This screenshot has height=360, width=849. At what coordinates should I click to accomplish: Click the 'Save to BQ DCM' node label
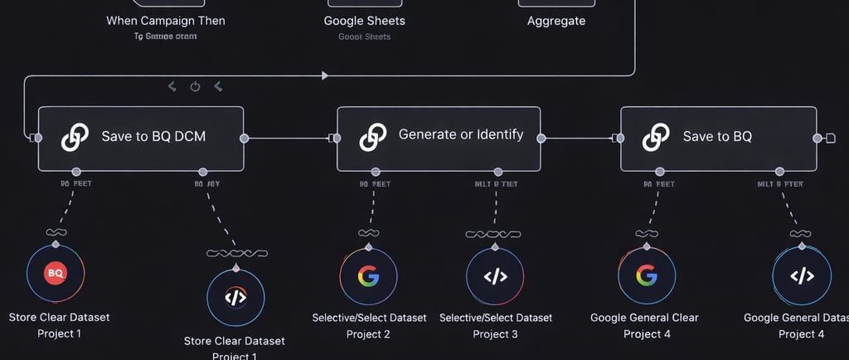[153, 137]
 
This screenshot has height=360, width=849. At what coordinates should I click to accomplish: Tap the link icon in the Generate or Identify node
[373, 137]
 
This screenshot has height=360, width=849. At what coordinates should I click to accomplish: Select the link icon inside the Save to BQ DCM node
[75, 137]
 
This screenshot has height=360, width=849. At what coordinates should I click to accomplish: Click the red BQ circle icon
[56, 272]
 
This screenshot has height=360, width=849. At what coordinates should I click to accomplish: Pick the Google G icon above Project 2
[368, 276]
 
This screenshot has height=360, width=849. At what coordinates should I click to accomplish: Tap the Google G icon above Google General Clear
[647, 275]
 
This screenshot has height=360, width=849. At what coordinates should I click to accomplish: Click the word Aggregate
[556, 21]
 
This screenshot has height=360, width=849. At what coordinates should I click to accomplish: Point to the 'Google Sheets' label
[365, 21]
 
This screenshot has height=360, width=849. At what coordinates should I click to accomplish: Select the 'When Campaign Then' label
[166, 21]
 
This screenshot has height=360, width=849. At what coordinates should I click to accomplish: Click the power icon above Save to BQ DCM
[196, 86]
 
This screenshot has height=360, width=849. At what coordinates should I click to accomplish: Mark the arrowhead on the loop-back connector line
[325, 75]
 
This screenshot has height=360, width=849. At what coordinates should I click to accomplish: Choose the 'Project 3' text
[495, 333]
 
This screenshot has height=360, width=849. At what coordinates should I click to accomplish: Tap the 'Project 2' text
[368, 333]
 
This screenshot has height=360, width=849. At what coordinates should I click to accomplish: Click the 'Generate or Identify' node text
[461, 134]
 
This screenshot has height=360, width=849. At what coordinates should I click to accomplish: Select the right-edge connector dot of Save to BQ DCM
[244, 138]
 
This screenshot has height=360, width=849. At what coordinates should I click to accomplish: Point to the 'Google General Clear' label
[644, 318]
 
